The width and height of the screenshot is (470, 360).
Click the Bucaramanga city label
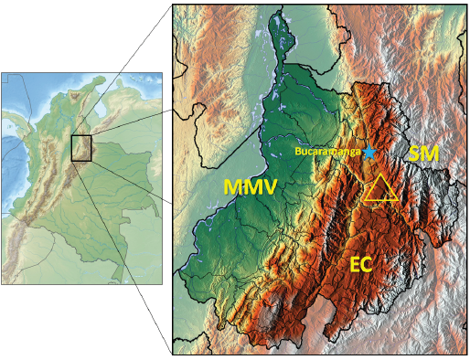click(x=326, y=152)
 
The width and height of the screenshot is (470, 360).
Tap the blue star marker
click(x=369, y=152)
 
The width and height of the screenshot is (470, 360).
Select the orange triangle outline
click(x=380, y=188)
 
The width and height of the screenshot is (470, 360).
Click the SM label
click(x=423, y=154)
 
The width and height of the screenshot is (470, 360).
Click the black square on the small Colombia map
click(x=81, y=147)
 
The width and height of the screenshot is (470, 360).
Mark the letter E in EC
click(x=356, y=265)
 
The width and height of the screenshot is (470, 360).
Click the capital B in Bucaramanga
click(x=297, y=152)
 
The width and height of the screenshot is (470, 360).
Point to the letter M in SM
click(x=431, y=154)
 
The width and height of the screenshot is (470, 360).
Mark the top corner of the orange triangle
click(x=381, y=175)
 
